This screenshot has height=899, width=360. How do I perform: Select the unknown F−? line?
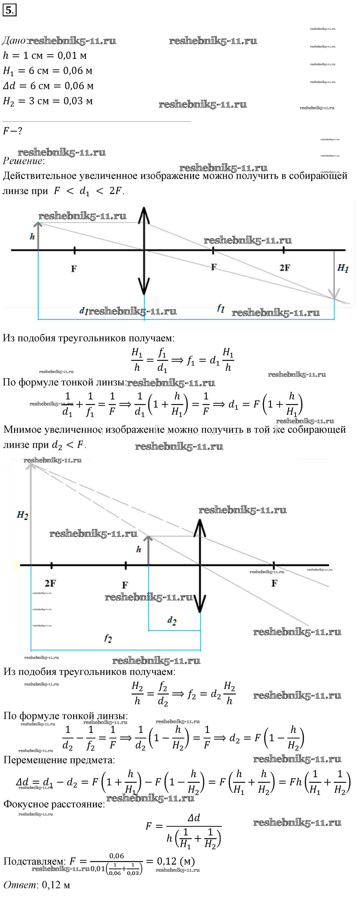[x=13, y=131]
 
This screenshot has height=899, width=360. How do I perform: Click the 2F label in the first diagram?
[x=285, y=268]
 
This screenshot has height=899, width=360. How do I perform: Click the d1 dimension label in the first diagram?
[x=83, y=310]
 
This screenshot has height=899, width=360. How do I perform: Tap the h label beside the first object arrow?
[x=32, y=237]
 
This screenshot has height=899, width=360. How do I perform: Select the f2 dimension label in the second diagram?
[x=108, y=639]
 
